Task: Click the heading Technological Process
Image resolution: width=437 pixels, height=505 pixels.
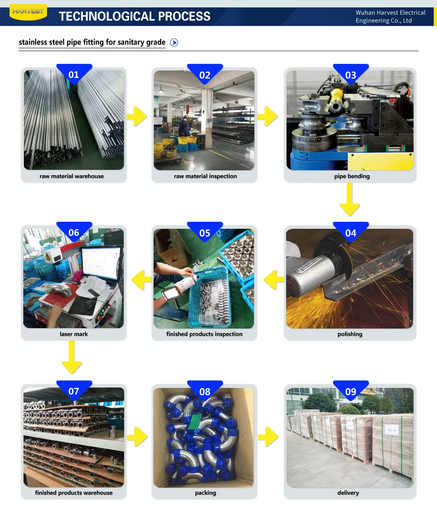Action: click(x=134, y=16)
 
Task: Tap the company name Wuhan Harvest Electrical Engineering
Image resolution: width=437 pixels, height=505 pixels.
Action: click(x=390, y=16)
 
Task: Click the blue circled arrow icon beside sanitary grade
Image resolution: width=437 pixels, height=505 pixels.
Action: click(x=174, y=42)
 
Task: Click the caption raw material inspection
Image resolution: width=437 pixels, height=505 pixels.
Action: click(x=205, y=176)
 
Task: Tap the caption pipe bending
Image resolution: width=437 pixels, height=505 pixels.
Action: click(x=352, y=176)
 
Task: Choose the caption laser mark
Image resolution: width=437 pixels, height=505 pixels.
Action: click(x=74, y=334)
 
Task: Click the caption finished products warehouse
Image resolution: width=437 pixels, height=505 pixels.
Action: click(x=74, y=493)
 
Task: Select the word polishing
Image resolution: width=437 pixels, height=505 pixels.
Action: click(x=350, y=334)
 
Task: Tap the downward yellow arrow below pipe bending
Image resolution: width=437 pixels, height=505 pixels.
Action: click(x=350, y=199)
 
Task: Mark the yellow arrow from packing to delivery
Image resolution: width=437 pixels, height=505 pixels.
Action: click(x=268, y=437)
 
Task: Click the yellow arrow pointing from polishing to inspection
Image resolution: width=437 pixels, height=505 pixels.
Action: click(x=274, y=280)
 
